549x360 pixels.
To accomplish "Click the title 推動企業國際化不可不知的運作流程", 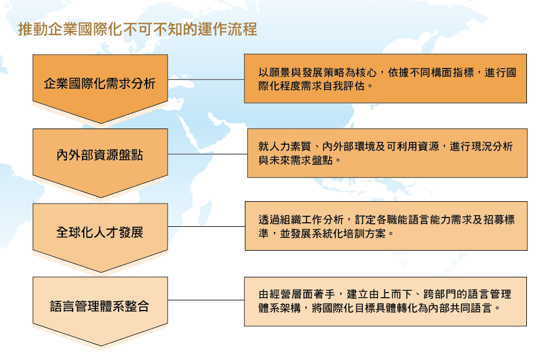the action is click(x=138, y=29).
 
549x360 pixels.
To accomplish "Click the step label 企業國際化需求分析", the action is click(x=100, y=84).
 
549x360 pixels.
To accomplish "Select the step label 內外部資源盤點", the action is click(x=100, y=155).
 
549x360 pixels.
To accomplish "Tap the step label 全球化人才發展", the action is click(x=100, y=232).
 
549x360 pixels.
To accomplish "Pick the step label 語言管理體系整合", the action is click(x=100, y=306).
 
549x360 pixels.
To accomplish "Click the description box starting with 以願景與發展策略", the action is click(x=386, y=79).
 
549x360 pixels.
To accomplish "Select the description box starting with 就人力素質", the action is click(x=387, y=153).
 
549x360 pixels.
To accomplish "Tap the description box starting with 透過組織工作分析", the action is click(x=386, y=226).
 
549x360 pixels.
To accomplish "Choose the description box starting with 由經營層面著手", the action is click(x=386, y=301).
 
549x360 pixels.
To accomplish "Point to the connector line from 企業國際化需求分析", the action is click(x=206, y=80).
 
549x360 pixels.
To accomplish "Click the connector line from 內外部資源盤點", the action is click(x=208, y=154).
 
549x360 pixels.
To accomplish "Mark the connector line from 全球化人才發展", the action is click(x=206, y=227).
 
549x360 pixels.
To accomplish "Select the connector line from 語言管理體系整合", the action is click(x=206, y=300).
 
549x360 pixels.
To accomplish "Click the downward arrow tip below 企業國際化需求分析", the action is click(x=101, y=123).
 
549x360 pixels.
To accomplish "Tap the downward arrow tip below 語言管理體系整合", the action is click(x=101, y=346).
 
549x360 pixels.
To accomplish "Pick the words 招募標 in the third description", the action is click(x=499, y=220).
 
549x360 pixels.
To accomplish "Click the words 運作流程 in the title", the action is click(x=227, y=29).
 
